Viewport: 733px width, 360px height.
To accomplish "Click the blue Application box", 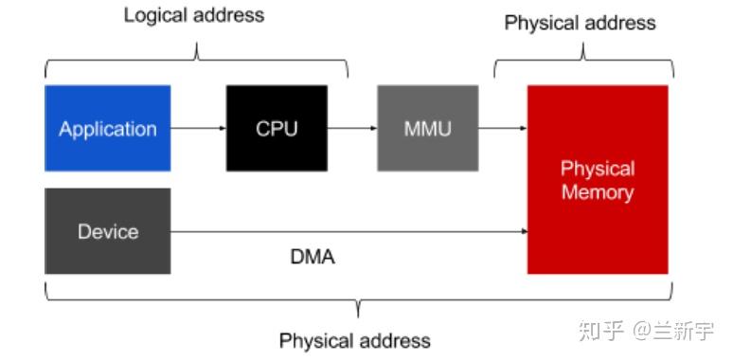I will click(x=108, y=128).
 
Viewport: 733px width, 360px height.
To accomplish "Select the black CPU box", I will click(x=277, y=128).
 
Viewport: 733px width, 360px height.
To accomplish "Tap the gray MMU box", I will click(x=427, y=128).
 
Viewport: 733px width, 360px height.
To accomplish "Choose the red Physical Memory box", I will click(x=598, y=180).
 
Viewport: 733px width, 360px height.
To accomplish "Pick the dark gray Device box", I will click(x=108, y=231).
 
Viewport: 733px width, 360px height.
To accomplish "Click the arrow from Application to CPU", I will click(x=198, y=128).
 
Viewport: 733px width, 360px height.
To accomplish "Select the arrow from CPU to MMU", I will click(x=351, y=128).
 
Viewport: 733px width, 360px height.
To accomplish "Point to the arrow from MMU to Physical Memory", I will click(x=502, y=128).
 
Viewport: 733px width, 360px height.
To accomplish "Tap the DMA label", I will click(x=313, y=257).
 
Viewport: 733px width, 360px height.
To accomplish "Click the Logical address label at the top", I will click(x=194, y=16).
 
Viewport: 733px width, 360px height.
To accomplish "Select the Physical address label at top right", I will click(x=580, y=23).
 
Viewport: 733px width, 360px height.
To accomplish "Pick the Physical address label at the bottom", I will click(x=355, y=340).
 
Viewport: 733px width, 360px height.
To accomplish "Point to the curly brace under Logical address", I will click(x=196, y=64).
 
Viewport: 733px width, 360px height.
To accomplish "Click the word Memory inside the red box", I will click(x=598, y=192).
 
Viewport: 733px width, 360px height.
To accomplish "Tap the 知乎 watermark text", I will click(x=602, y=331).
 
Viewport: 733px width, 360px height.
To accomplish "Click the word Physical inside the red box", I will click(x=598, y=169).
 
